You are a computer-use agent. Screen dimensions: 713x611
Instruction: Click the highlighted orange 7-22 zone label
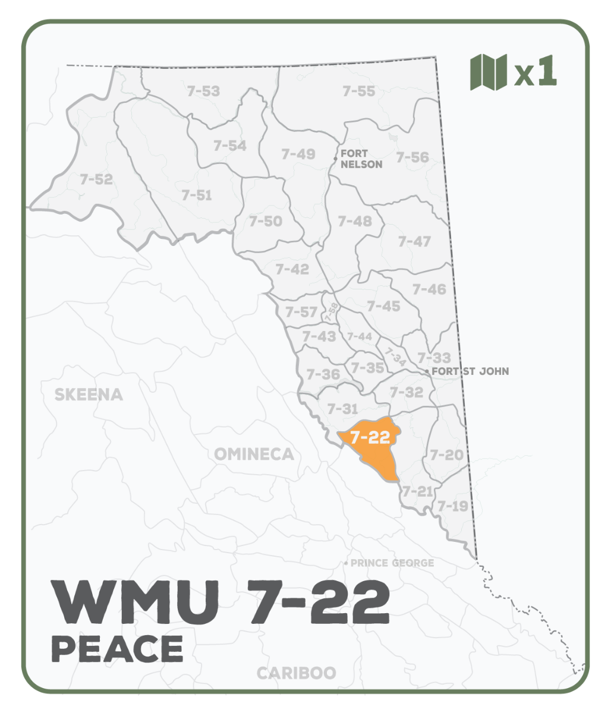(x=370, y=438)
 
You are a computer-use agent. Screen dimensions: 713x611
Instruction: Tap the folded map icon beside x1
(x=488, y=72)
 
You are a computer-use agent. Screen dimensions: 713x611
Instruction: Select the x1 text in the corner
(x=536, y=72)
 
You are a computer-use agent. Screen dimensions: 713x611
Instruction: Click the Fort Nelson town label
(x=361, y=159)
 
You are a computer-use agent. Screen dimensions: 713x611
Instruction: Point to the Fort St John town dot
(x=427, y=371)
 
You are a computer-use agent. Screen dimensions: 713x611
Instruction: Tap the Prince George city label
(x=392, y=563)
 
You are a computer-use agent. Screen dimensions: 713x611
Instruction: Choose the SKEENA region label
(x=89, y=395)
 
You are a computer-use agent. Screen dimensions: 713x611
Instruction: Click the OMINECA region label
(x=254, y=455)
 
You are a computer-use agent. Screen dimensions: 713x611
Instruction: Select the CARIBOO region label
(x=296, y=673)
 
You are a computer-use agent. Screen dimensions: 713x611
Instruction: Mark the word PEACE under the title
(x=118, y=649)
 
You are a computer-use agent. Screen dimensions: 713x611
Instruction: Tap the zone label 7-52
(x=96, y=179)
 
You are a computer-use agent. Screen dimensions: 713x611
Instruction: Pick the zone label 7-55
(x=358, y=91)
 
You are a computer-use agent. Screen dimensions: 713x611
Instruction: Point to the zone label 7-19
(x=453, y=506)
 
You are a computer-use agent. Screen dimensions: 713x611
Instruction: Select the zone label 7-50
(x=266, y=221)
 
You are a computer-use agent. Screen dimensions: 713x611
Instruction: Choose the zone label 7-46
(x=429, y=289)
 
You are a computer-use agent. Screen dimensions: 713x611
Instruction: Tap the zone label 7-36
(x=323, y=374)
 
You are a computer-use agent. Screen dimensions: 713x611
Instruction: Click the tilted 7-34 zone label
(x=394, y=356)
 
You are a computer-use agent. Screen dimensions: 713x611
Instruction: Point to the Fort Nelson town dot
(x=335, y=159)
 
